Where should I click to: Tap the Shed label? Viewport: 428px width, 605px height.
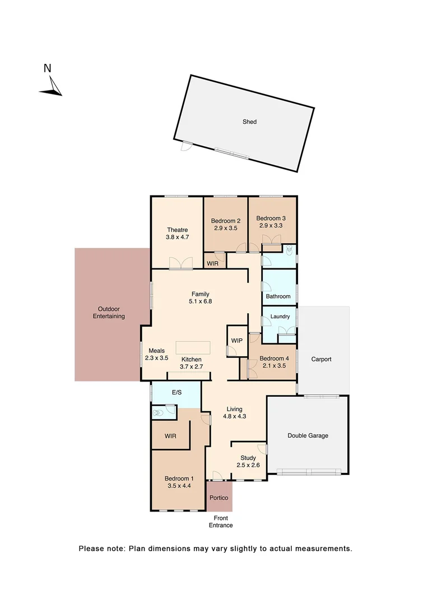(x=249, y=122)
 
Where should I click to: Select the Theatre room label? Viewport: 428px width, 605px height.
(x=177, y=230)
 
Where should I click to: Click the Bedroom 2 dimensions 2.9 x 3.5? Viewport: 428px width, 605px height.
(x=226, y=229)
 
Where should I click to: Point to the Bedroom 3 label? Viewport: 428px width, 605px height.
(x=271, y=218)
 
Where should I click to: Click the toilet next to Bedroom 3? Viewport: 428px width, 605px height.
(x=289, y=250)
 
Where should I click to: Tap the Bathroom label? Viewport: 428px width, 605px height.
(x=278, y=296)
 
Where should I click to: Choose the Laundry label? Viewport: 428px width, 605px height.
(x=280, y=317)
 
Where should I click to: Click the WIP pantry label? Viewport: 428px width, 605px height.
(x=236, y=341)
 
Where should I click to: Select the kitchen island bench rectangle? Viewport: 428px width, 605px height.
(x=193, y=347)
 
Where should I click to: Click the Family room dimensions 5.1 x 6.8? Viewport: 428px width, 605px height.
(x=201, y=301)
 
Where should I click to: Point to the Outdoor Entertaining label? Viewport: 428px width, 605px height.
(x=109, y=313)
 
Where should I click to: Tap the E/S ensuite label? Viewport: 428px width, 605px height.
(x=176, y=392)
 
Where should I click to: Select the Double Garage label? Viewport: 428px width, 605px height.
(x=308, y=435)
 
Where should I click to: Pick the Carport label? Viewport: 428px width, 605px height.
(x=322, y=359)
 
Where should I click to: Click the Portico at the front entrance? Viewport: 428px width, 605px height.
(x=218, y=497)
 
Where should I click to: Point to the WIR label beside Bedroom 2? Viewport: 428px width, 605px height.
(x=212, y=263)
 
